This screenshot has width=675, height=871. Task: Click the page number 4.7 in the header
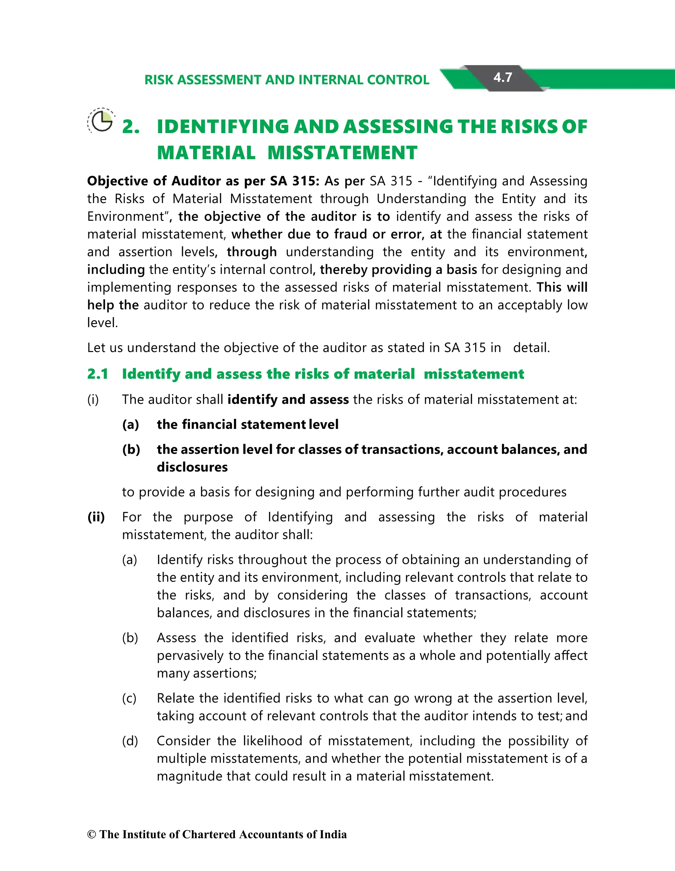point(502,77)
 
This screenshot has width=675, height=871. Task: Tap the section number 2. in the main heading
point(131,127)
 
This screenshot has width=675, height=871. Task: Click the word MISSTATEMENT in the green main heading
point(342,153)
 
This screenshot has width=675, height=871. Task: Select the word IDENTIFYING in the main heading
point(222,127)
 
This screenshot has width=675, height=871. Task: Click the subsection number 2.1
point(98,374)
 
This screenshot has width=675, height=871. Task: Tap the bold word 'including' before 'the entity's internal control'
point(116,270)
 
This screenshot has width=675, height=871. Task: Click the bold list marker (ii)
point(96,517)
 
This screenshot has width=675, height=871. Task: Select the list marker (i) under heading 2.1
point(93,400)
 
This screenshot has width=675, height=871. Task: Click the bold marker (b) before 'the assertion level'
point(131,449)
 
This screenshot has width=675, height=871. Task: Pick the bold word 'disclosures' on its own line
point(192,467)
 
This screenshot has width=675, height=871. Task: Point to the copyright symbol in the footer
point(92,835)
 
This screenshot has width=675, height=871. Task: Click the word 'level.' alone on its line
point(103,323)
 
